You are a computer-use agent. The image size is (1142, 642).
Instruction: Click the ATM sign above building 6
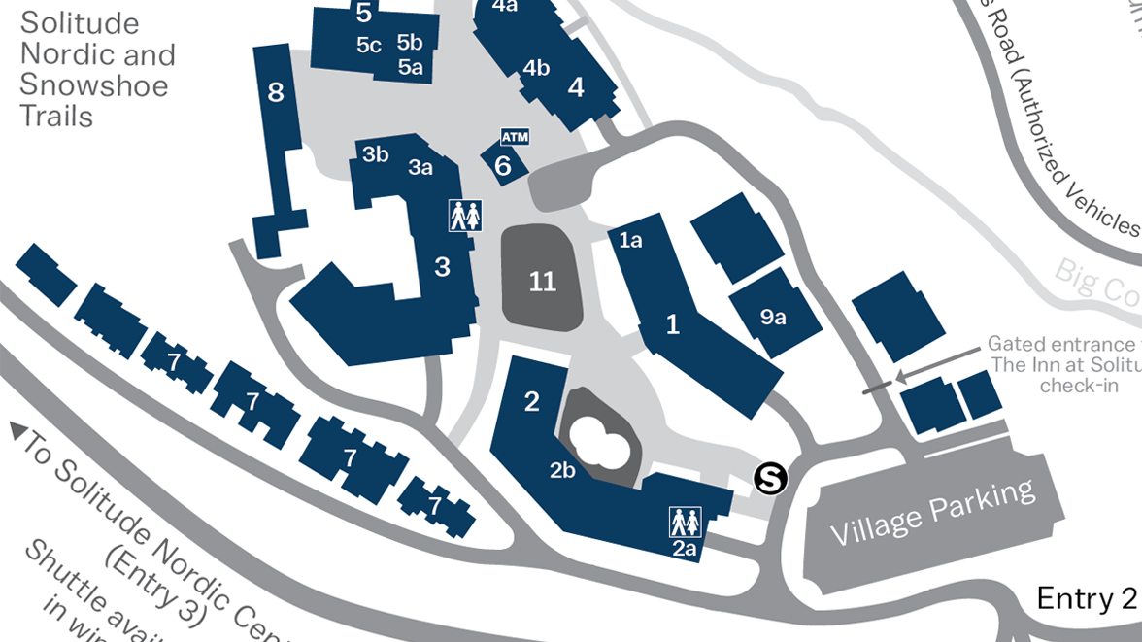click(x=515, y=137)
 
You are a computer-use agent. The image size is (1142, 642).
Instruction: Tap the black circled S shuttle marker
click(x=771, y=477)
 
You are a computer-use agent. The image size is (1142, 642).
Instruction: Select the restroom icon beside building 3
click(x=465, y=215)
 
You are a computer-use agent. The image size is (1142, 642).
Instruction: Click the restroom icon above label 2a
click(x=685, y=522)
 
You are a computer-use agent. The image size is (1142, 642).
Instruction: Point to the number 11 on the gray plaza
click(x=543, y=282)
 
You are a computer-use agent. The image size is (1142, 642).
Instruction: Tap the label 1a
click(x=631, y=240)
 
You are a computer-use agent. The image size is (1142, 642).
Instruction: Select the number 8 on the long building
click(x=276, y=92)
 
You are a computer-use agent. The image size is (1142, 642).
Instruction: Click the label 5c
click(x=369, y=45)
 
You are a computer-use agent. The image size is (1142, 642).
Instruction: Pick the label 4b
click(x=536, y=68)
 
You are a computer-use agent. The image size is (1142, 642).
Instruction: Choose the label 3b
click(x=376, y=153)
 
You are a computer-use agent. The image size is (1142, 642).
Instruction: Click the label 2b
click(x=563, y=471)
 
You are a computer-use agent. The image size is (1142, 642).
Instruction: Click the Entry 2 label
click(x=1086, y=598)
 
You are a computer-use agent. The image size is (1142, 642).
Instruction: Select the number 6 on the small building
click(x=503, y=166)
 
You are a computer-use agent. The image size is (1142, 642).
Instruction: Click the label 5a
click(x=411, y=67)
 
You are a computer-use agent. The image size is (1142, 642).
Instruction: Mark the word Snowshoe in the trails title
click(x=94, y=84)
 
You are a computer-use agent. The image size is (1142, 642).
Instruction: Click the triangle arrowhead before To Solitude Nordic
click(x=17, y=429)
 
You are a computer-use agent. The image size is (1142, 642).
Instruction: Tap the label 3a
click(x=420, y=167)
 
